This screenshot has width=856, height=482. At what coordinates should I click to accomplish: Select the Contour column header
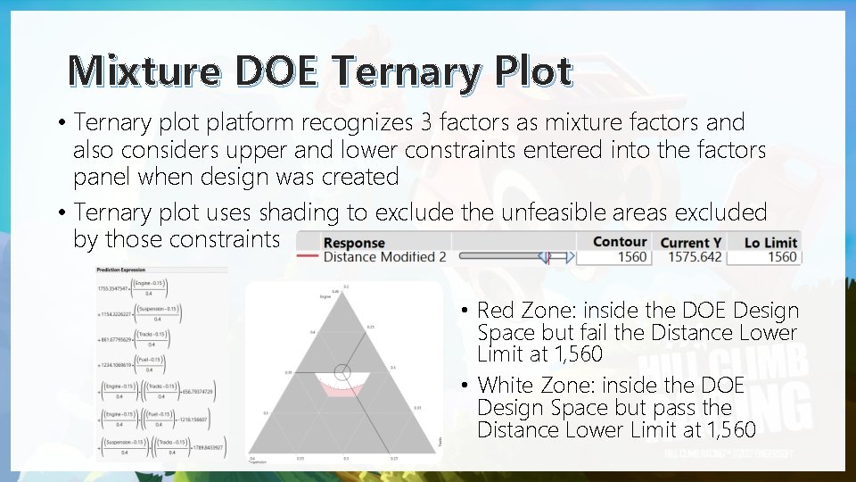pos(619,242)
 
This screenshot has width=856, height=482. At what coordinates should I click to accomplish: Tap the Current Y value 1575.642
pos(691,257)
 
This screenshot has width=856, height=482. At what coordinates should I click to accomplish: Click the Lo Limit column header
pos(770,243)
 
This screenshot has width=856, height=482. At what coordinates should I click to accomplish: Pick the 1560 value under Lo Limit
pos(781,257)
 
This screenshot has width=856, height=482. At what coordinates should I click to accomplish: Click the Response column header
pos(354,243)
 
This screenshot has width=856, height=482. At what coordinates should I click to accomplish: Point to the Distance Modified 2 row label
pos(384,257)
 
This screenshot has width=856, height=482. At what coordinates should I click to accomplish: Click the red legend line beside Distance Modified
pos(308,257)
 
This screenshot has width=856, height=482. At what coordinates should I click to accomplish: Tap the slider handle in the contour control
pos(543,257)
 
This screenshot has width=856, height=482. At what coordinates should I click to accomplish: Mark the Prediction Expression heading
pos(121,270)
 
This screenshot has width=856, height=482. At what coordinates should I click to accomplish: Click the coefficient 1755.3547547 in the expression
pos(115,288)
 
